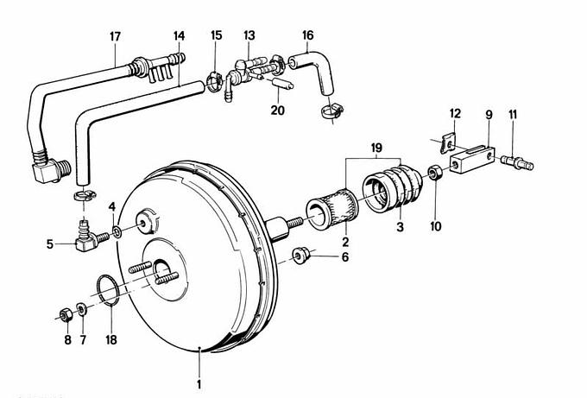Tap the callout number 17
(x=115, y=36)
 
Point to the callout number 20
(x=276, y=111)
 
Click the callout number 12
(x=455, y=113)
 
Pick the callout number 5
(x=48, y=244)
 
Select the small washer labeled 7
(x=82, y=308)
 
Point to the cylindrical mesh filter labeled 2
(x=327, y=212)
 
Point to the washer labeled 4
(x=117, y=232)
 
